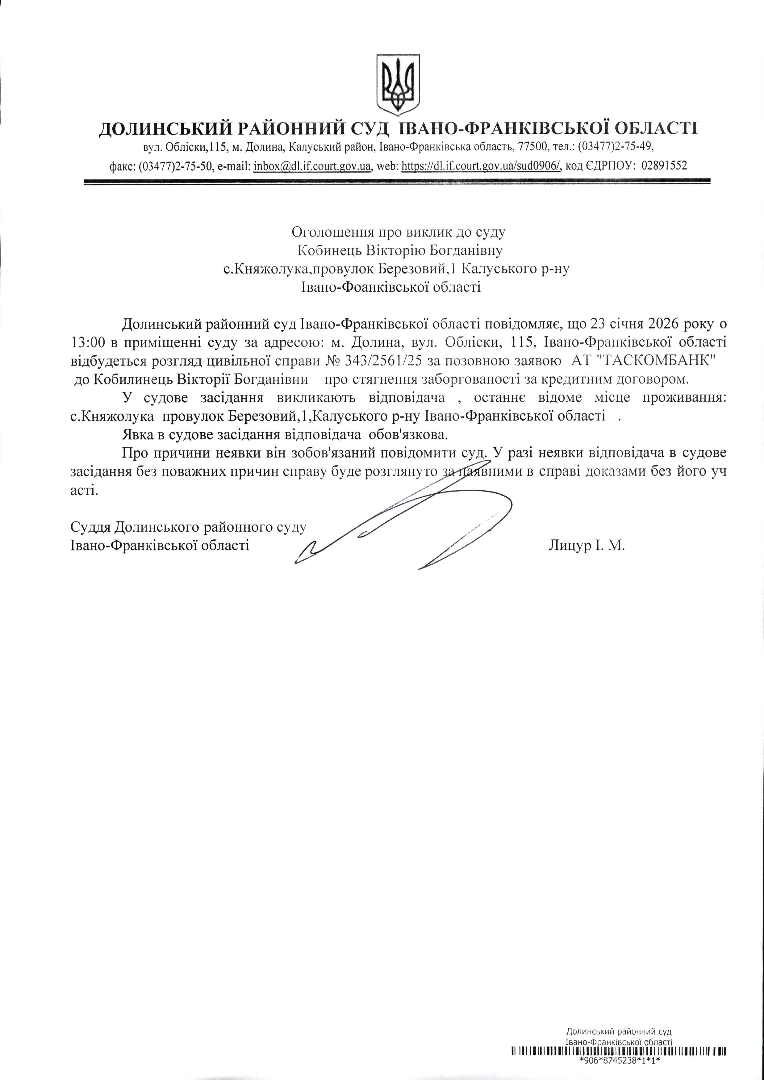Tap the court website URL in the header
(481, 166)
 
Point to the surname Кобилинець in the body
(128, 379)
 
